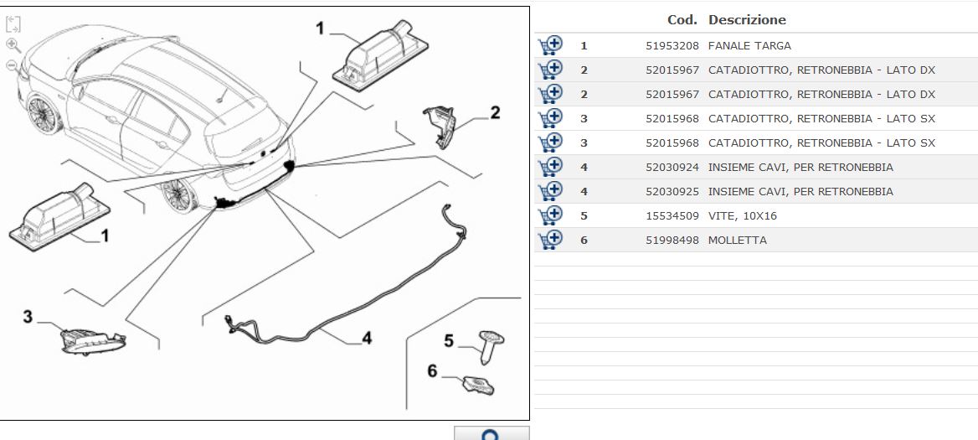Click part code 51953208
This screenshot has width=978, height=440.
coord(672,46)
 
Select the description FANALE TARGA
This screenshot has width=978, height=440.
coord(749,46)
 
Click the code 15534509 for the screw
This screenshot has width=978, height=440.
coord(672,216)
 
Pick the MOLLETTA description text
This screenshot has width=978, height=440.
coord(738,241)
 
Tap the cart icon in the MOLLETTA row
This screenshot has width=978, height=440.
coord(549,240)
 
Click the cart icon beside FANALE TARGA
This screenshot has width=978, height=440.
coord(549,45)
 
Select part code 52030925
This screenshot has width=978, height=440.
coord(672,192)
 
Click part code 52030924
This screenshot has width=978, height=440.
coord(672,168)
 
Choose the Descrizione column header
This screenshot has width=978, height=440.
coord(747,20)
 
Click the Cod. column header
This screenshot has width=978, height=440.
coord(682,20)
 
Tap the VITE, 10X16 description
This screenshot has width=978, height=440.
coord(743,216)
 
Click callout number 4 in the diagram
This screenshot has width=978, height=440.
coord(367,339)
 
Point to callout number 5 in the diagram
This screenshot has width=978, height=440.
coord(448,341)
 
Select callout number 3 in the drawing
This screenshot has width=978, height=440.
coord(28,317)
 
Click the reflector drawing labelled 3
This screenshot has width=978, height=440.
coord(92,340)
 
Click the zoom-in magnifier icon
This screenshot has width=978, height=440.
coord(13,44)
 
